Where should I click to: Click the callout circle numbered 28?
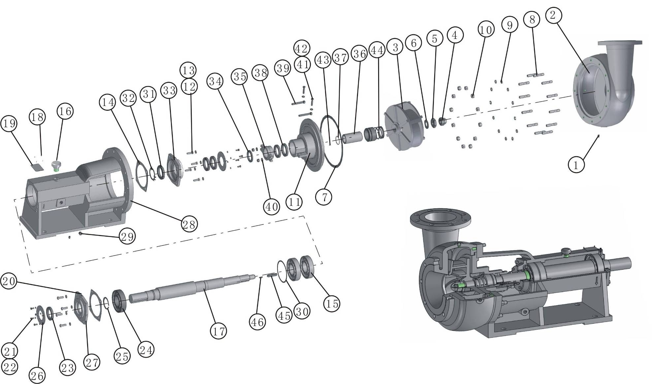click(189, 224)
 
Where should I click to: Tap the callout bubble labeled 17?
click(218, 331)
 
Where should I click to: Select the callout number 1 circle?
click(576, 164)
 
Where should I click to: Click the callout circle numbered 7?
click(324, 197)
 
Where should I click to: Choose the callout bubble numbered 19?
click(9, 123)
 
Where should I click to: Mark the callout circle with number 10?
click(486, 30)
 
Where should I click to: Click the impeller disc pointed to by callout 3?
click(404, 126)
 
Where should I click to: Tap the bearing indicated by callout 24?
click(119, 300)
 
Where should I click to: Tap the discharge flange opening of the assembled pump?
click(440, 219)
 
